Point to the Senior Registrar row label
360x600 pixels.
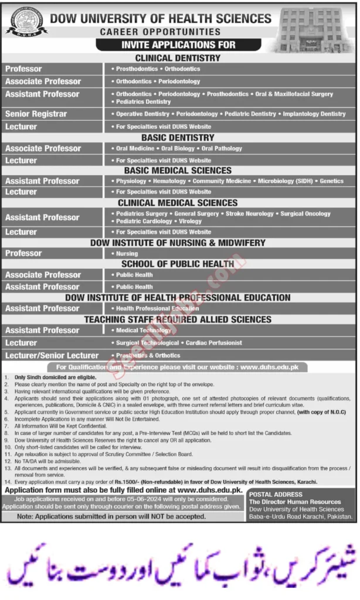click(36, 114)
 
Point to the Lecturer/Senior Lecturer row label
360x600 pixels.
click(52, 356)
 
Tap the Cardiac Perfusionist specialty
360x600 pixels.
click(212, 343)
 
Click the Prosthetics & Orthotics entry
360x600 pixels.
click(142, 356)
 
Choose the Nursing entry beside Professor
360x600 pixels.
click(127, 254)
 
